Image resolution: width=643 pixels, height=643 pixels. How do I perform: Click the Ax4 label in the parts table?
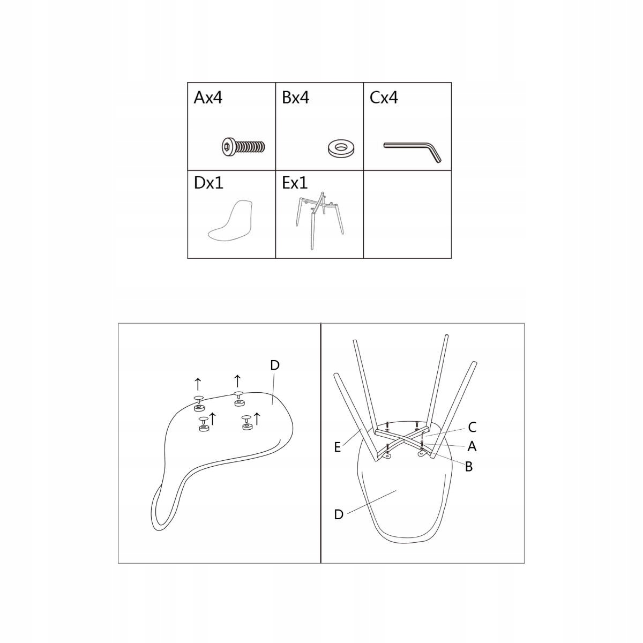208,98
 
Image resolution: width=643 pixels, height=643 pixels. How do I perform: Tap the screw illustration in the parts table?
244,146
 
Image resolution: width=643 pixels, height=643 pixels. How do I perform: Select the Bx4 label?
295,98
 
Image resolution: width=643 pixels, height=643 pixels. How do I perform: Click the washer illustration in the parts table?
341,147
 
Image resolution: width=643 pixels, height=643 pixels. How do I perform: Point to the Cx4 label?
384,98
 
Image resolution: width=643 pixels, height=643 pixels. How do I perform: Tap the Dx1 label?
208,183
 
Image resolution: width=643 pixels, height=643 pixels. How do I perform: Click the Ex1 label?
295,183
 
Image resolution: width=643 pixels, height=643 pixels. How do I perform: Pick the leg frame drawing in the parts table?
319,220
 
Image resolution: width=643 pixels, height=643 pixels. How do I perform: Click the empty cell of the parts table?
407,214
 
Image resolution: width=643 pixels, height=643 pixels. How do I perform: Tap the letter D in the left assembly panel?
275,365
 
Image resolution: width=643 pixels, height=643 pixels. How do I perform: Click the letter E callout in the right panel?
338,447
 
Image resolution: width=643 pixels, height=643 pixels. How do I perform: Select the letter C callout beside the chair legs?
472,427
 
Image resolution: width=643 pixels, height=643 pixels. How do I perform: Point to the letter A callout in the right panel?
472,446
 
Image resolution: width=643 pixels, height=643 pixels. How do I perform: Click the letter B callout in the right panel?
469,467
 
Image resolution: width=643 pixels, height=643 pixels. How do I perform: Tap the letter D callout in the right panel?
339,514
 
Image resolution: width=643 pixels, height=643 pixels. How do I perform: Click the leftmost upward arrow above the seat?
198,384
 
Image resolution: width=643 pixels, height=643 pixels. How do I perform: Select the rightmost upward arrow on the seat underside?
257,419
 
